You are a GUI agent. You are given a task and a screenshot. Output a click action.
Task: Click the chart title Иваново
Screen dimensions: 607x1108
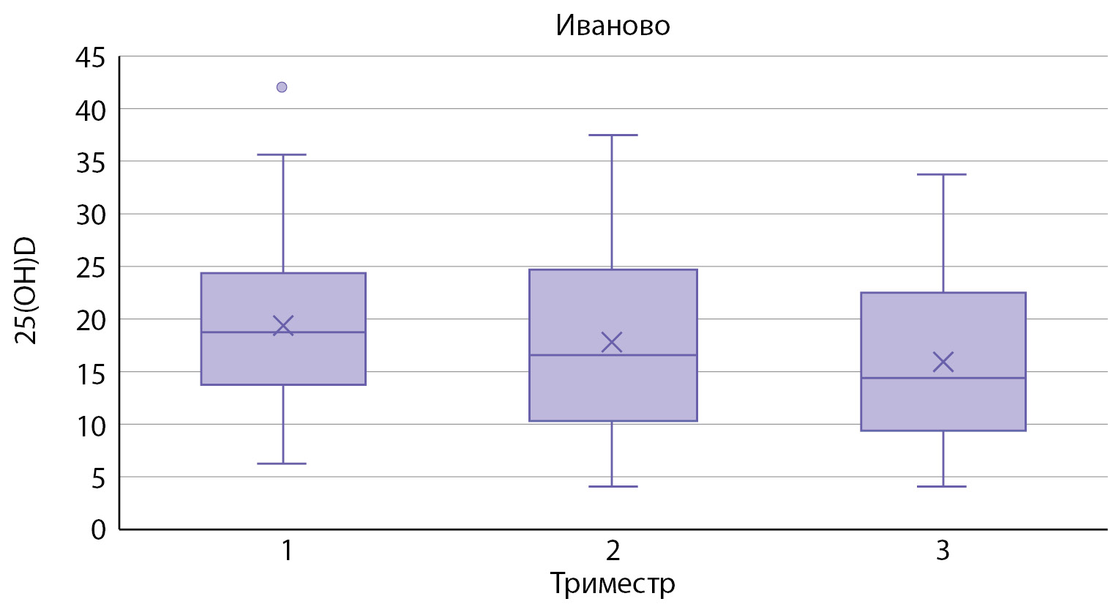pyautogui.click(x=613, y=26)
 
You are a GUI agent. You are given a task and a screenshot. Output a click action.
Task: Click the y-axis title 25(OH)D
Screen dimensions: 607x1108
pyautogui.click(x=27, y=291)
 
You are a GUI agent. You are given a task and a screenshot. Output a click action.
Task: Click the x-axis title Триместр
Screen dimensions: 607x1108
pyautogui.click(x=612, y=584)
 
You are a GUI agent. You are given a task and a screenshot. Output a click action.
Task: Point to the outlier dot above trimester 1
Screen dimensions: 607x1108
pyautogui.click(x=282, y=87)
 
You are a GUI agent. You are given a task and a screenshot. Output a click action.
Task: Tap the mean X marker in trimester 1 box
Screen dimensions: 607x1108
pyautogui.click(x=283, y=326)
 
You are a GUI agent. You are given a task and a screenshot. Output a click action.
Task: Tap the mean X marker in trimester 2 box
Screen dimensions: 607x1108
pyautogui.click(x=612, y=342)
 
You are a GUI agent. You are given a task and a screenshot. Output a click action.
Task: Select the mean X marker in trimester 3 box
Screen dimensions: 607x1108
pyautogui.click(x=943, y=362)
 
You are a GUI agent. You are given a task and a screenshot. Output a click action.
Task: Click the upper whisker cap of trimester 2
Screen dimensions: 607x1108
pyautogui.click(x=613, y=135)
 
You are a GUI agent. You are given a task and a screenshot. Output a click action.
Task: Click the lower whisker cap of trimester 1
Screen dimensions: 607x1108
pyautogui.click(x=283, y=463)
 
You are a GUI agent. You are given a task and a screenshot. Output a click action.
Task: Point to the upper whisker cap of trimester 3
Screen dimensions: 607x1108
pyautogui.click(x=943, y=175)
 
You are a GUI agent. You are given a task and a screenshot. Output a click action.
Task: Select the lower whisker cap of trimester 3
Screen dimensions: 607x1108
pyautogui.click(x=943, y=486)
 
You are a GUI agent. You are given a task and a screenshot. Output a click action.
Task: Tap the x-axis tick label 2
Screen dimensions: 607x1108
pyautogui.click(x=613, y=550)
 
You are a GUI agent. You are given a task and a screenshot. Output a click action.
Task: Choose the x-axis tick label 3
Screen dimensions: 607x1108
pyautogui.click(x=943, y=550)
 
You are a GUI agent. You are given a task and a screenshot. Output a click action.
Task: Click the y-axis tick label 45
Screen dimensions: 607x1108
pyautogui.click(x=91, y=58)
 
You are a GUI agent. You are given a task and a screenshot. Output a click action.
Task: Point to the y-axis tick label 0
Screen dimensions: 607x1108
pyautogui.click(x=99, y=529)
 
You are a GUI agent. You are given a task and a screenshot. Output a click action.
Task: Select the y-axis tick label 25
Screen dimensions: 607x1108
pyautogui.click(x=91, y=268)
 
